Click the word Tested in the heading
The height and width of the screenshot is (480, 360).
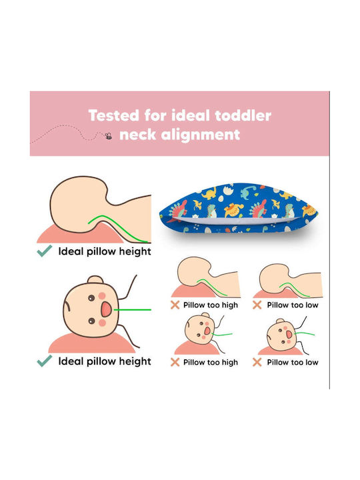tap(113, 116)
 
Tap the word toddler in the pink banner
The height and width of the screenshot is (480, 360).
tap(243, 116)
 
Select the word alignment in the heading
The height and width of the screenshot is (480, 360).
tap(200, 135)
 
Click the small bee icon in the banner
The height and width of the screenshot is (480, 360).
tap(108, 136)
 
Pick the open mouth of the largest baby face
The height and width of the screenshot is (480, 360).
tap(106, 309)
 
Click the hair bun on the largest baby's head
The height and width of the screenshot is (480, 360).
tap(95, 279)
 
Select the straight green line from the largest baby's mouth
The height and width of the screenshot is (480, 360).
tap(132, 310)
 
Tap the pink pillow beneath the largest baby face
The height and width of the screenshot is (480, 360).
tap(92, 343)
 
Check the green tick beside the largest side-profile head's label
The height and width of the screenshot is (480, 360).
tap(45, 251)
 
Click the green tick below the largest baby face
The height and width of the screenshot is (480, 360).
tap(45, 361)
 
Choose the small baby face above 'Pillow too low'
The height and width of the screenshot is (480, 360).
tap(280, 335)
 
